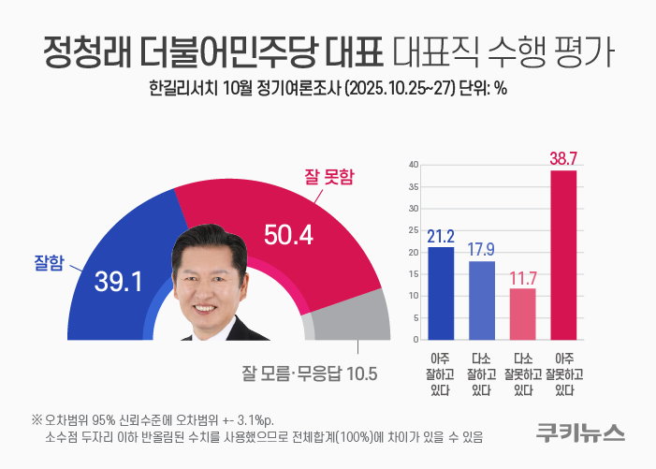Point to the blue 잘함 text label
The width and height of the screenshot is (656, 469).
click(48, 265)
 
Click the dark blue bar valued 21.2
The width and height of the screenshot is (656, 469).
click(440, 293)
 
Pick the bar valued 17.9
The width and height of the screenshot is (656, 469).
click(481, 300)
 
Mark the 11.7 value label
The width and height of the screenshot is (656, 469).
click(522, 279)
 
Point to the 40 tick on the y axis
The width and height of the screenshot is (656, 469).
click(413, 165)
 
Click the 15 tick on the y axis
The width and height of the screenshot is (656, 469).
click(413, 274)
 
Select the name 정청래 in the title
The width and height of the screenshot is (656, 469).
click(87, 53)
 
